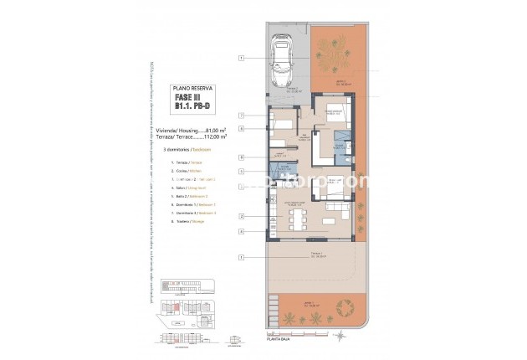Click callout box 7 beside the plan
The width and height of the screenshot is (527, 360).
(x=241, y=115)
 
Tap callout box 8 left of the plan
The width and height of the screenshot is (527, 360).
(x=241, y=157)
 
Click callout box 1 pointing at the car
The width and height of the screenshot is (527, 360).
(x=241, y=59)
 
